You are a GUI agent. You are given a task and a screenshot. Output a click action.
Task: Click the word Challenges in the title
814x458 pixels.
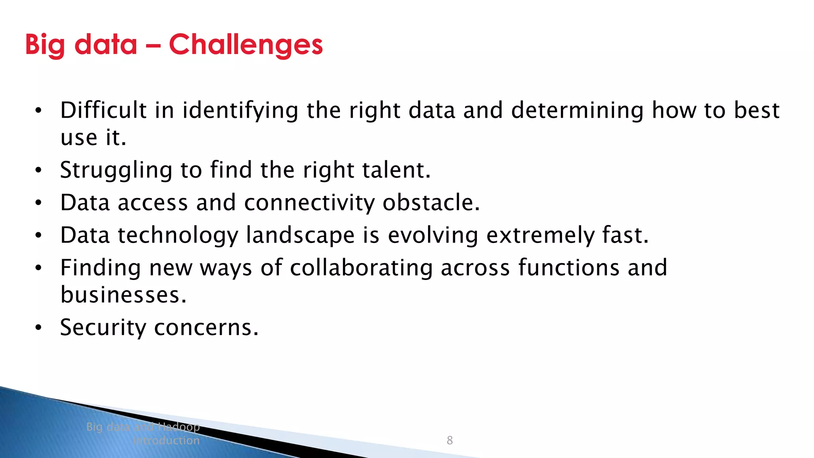click(246, 45)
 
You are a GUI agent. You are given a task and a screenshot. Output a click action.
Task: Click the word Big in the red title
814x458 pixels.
click(45, 45)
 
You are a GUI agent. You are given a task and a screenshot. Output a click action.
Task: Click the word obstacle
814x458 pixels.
click(431, 203)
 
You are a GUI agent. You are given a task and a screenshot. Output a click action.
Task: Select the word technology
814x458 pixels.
click(178, 235)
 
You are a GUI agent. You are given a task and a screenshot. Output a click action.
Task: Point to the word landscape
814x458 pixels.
click(300, 235)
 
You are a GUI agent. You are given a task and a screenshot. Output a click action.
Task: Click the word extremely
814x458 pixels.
click(541, 235)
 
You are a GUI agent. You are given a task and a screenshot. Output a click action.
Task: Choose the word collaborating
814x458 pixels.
click(361, 268)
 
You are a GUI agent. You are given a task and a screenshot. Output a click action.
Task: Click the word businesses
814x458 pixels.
click(123, 295)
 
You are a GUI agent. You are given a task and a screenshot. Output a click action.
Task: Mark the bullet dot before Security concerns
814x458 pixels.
click(38, 328)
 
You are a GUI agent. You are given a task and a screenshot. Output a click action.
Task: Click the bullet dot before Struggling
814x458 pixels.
click(38, 171)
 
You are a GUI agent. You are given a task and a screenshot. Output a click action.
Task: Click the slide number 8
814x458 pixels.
click(450, 440)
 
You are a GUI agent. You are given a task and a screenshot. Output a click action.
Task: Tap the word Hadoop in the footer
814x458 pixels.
click(178, 427)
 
